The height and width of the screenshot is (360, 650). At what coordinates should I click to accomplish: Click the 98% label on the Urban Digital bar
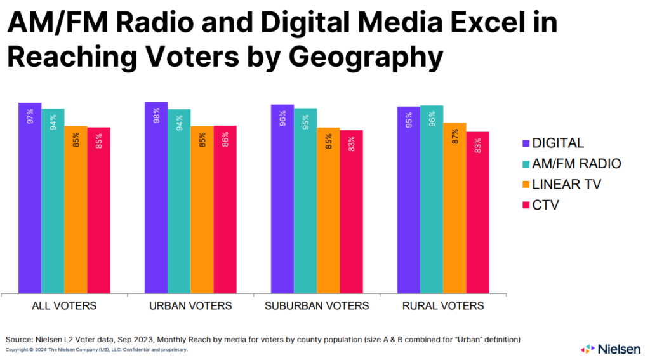pyautogui.click(x=156, y=116)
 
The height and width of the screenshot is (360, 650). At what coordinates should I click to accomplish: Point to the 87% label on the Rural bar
pyautogui.click(x=454, y=137)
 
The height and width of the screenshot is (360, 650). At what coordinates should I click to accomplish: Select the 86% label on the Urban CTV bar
pyautogui.click(x=225, y=140)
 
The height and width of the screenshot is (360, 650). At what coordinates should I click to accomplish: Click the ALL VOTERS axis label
pyautogui.click(x=64, y=306)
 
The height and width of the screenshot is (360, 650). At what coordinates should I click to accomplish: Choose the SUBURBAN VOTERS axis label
pyautogui.click(x=317, y=306)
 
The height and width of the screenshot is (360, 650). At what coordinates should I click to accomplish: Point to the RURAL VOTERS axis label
pyautogui.click(x=443, y=306)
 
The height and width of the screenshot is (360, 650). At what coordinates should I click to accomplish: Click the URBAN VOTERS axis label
pyautogui.click(x=190, y=306)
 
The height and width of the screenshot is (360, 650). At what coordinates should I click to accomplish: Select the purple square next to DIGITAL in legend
pyautogui.click(x=525, y=143)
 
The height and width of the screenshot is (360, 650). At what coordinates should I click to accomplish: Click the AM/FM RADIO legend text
pyautogui.click(x=576, y=164)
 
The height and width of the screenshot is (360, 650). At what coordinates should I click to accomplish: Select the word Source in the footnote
pyautogui.click(x=20, y=340)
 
